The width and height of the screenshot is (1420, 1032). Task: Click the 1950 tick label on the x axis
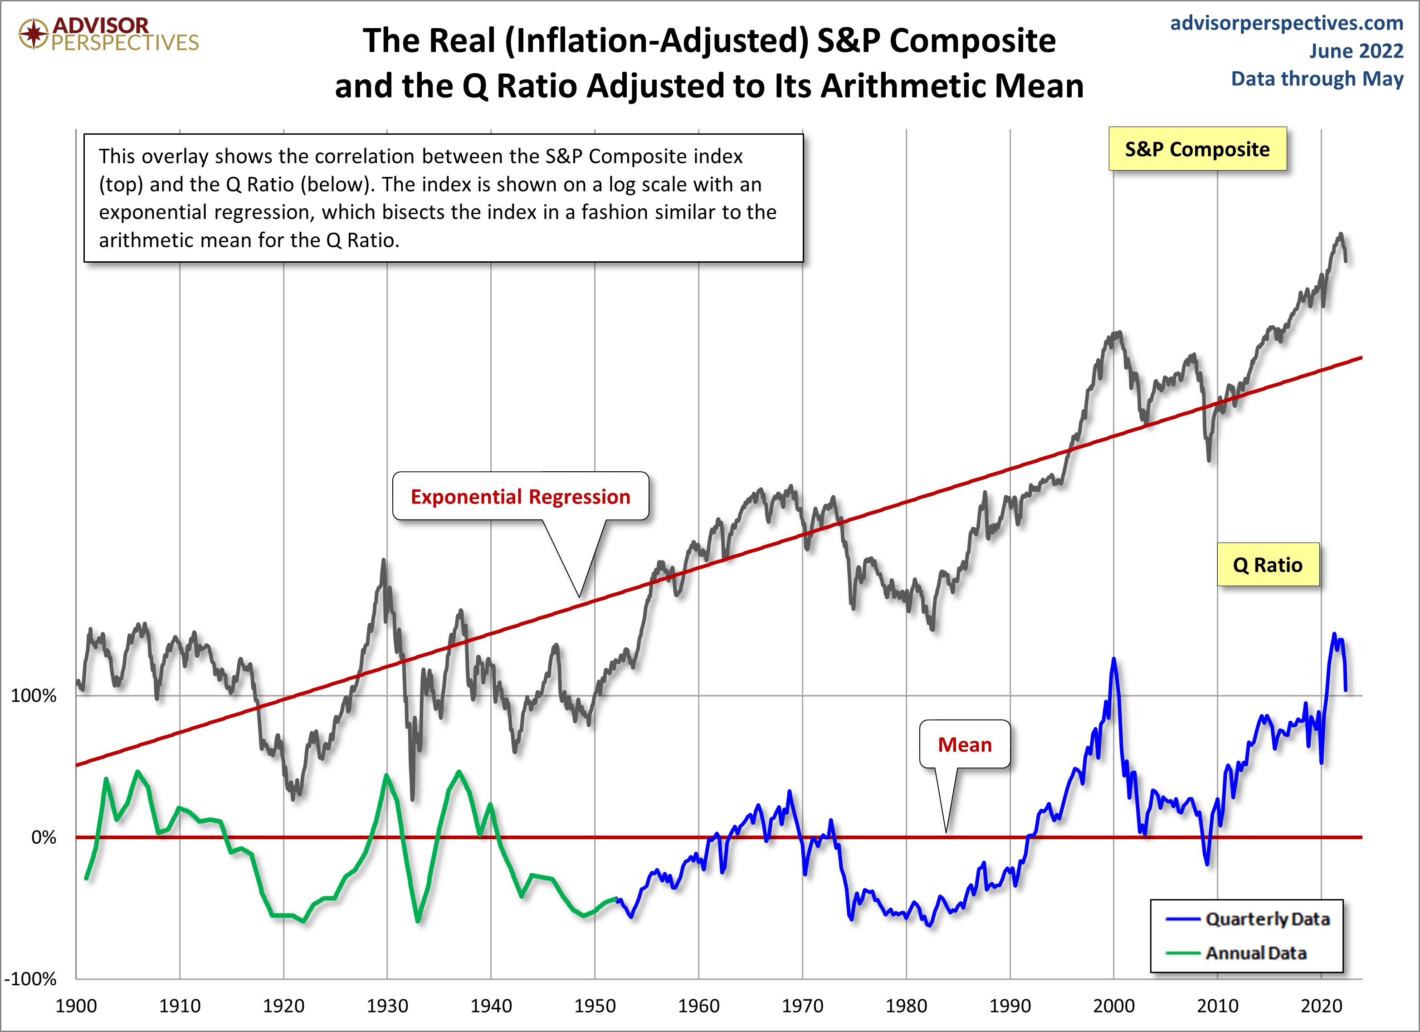[594, 1006]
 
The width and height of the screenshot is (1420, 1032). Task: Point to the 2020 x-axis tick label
[1321, 1006]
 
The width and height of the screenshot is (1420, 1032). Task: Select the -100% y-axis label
[30, 979]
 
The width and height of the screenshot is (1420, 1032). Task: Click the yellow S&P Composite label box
[1197, 149]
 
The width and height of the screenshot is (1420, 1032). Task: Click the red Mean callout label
[964, 744]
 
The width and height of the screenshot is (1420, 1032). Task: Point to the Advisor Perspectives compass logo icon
[33, 33]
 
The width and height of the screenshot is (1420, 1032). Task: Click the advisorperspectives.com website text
[1286, 23]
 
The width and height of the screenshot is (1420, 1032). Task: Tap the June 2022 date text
[1356, 51]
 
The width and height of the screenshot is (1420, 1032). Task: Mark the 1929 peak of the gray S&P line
[383, 561]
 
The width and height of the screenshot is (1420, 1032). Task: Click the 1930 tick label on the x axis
[387, 1006]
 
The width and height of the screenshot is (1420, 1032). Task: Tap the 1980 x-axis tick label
[906, 1006]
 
